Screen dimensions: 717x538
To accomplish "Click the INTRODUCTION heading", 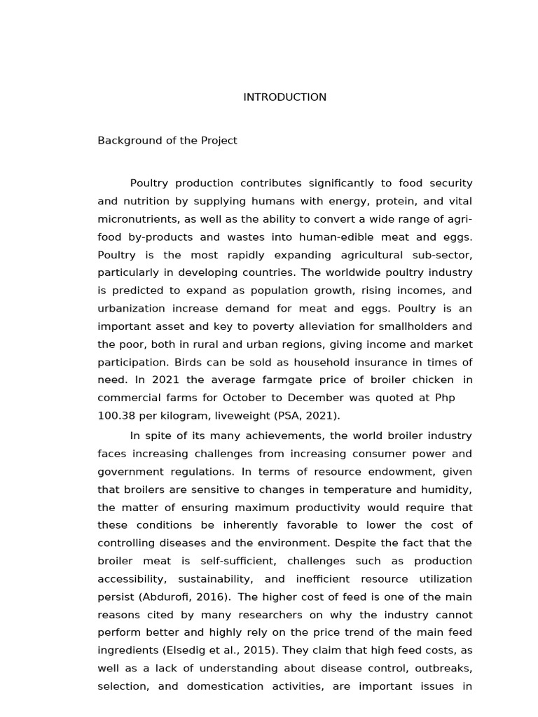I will click(x=284, y=97).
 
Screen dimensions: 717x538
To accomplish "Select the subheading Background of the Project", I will click(x=167, y=140).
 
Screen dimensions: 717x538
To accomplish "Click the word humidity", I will click(x=449, y=489).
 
